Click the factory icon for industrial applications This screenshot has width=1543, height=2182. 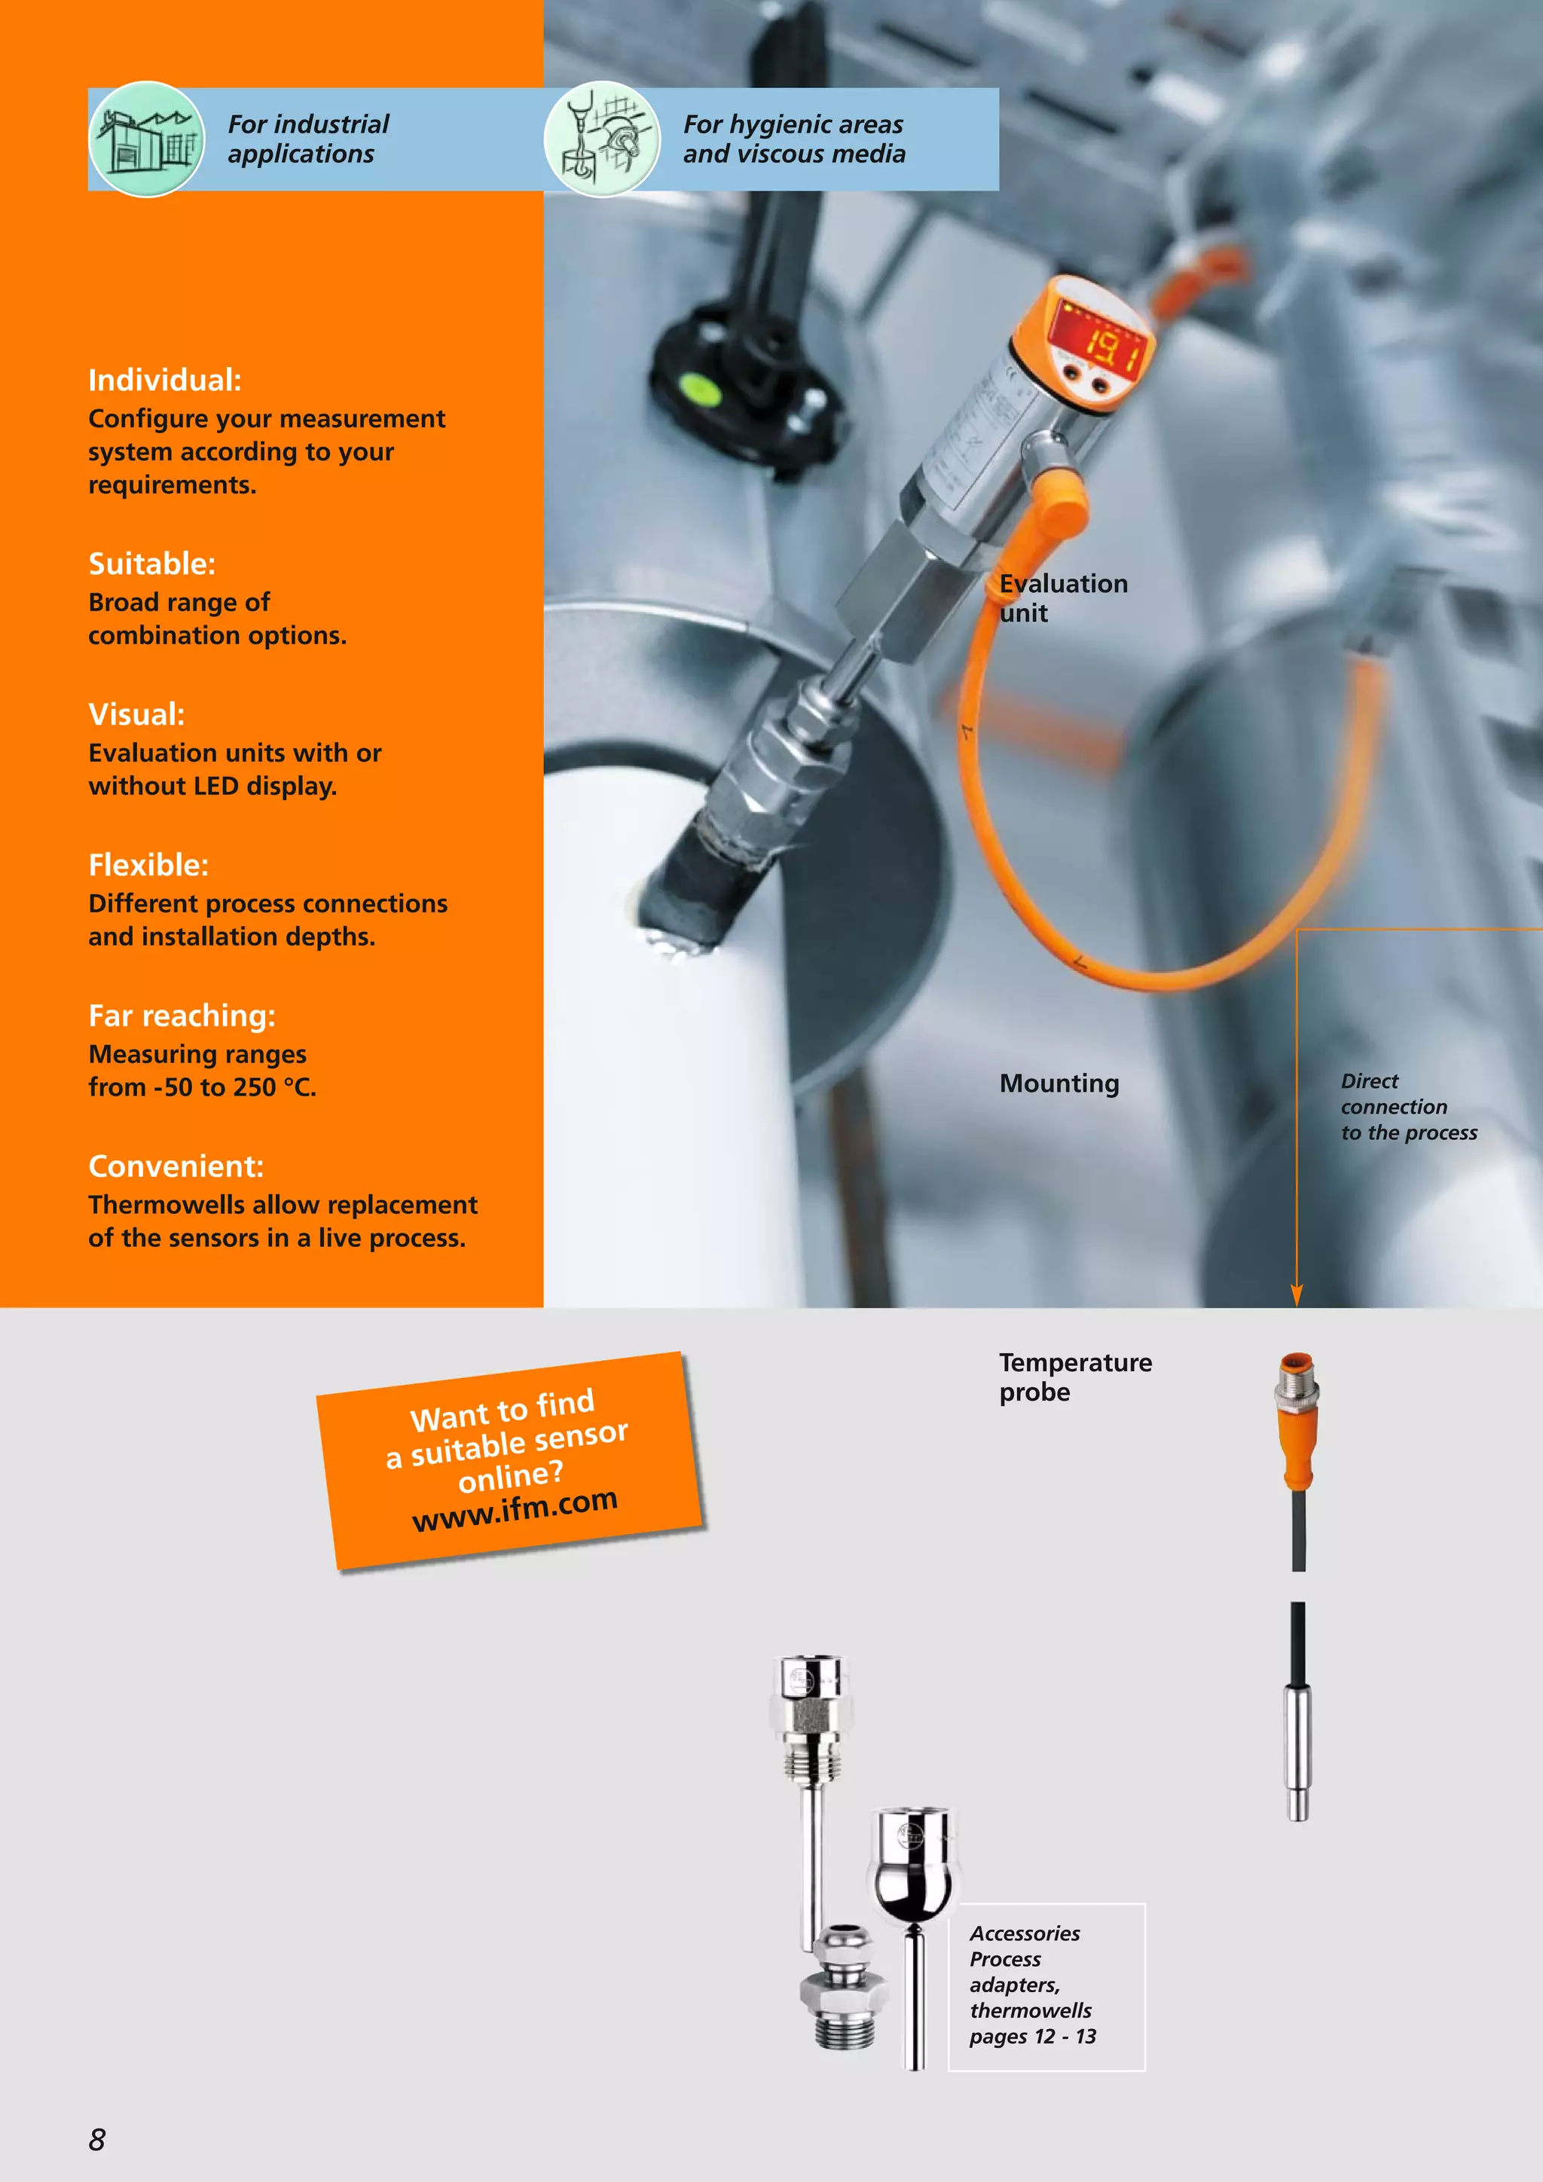[x=146, y=139]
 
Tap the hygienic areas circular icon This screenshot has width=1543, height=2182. [x=601, y=139]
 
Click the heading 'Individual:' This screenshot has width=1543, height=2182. [x=164, y=380]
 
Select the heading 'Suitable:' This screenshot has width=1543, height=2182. [x=152, y=564]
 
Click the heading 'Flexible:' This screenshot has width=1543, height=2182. [x=148, y=865]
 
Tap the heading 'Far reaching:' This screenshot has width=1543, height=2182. [x=182, y=1016]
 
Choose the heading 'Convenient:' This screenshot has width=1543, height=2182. [x=176, y=1166]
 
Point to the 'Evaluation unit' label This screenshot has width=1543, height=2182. [x=1062, y=597]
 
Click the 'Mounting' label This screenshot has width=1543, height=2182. [x=1059, y=1083]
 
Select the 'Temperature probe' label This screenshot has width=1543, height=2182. [x=1074, y=1377]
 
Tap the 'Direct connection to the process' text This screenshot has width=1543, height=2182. [x=1408, y=1106]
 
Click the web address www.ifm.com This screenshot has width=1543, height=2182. [x=515, y=1508]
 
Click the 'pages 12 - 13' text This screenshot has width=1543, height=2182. [x=1032, y=2037]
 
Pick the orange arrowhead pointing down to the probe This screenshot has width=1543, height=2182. [x=1296, y=1294]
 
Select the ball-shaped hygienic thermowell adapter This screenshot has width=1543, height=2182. [x=913, y=1868]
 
